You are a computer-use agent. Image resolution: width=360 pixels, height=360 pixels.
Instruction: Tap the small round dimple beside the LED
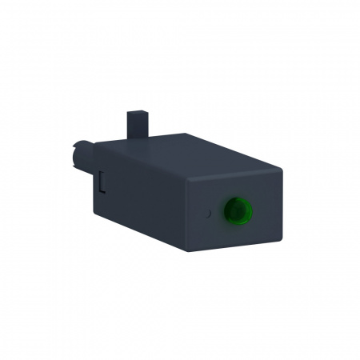207,214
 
